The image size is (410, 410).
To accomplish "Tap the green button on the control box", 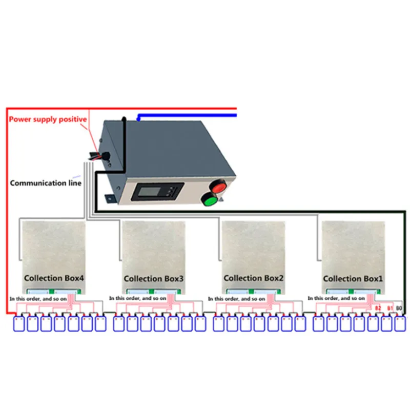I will pos(209,199).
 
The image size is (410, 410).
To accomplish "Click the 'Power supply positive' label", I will pos(47,119).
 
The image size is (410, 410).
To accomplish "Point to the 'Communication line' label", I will pos(45,182).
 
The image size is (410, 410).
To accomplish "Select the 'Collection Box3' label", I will pos(153,278).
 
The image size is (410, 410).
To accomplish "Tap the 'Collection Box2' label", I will pos(253,278).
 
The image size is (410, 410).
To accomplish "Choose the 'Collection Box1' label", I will pos(353,278).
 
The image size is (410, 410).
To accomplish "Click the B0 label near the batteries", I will pos(400,307).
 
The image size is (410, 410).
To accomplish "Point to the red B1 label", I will pos(389,307).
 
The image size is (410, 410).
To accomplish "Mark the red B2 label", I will pos(378,307).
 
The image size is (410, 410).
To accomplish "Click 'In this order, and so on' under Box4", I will pos(37,298).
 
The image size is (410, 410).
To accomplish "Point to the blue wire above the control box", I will pos(190,116).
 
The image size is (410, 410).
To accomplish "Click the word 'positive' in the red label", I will pos(71,119).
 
